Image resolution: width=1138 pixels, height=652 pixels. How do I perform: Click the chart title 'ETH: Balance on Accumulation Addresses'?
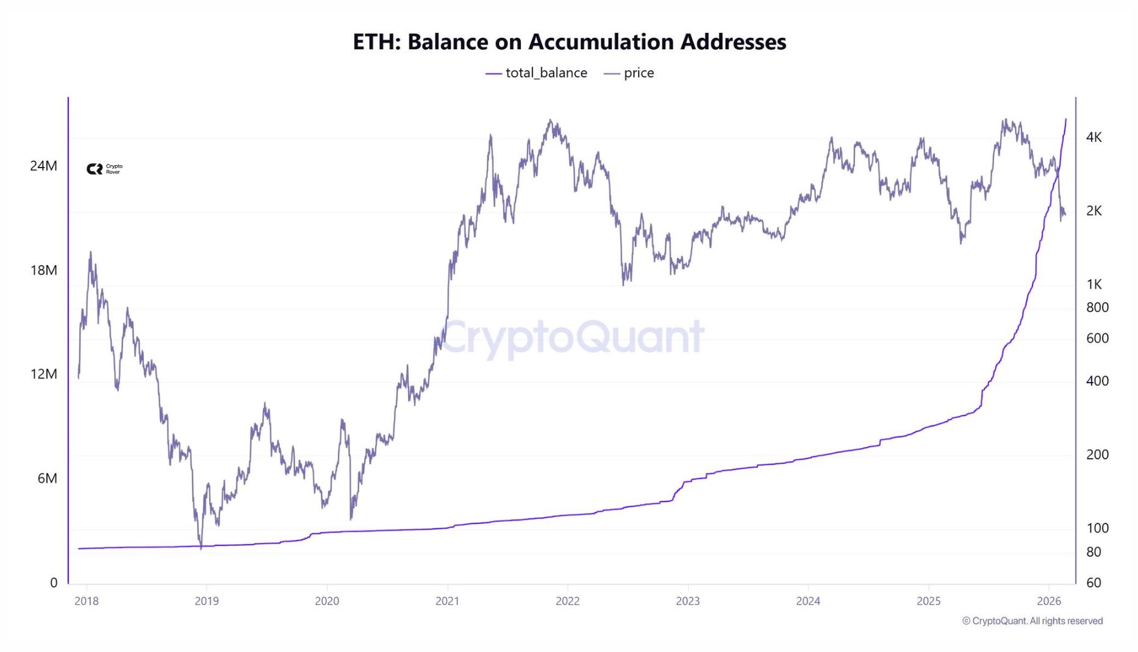569,42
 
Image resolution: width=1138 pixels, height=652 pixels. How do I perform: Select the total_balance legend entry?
537,73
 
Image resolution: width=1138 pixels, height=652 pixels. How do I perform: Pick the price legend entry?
629,73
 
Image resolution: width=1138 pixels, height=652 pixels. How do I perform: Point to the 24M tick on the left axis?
43,166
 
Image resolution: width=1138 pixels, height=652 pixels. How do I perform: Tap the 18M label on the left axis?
43,270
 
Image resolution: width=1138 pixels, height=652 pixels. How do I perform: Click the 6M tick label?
47,478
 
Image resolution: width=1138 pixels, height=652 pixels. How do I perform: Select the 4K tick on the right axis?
1093,137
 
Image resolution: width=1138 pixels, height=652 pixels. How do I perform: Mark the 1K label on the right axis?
1093,284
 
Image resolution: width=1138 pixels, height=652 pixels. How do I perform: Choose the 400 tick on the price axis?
1097,381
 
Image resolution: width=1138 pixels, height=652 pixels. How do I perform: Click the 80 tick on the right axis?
1093,552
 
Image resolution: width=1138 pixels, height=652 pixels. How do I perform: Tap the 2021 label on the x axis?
447,601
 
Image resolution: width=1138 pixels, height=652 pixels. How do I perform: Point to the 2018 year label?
87,601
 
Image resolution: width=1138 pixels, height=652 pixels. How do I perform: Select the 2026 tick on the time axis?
1049,601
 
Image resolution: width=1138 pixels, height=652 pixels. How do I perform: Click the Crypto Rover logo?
104,169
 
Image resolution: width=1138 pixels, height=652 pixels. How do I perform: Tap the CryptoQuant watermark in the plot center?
571,337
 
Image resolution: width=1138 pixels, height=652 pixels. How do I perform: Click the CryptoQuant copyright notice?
1032,621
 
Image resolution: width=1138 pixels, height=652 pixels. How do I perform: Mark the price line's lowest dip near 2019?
201,547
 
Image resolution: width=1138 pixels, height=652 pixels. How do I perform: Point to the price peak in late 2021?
551,121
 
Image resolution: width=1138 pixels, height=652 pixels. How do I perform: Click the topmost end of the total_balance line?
1065,119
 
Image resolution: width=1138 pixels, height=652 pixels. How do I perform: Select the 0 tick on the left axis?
54,583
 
